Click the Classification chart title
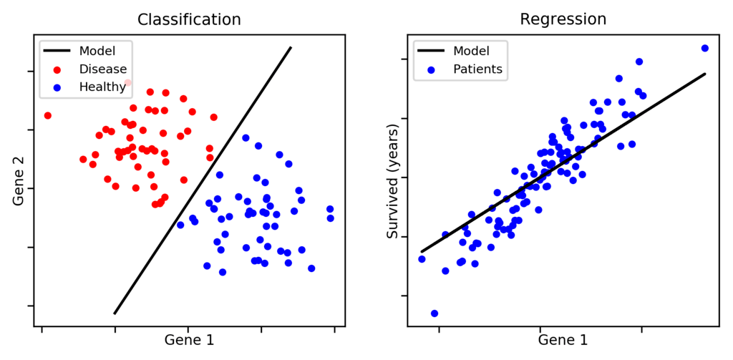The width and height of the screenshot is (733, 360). pyautogui.click(x=189, y=19)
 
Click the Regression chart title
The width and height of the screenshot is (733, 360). pyautogui.click(x=563, y=19)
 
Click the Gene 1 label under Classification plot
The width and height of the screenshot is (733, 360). pyautogui.click(x=189, y=340)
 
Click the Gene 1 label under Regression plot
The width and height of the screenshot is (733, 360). pyautogui.click(x=563, y=340)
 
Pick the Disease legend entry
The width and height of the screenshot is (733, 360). pyautogui.click(x=103, y=69)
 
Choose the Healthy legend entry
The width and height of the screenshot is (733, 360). pyautogui.click(x=103, y=87)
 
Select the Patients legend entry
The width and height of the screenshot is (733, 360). pyautogui.click(x=477, y=69)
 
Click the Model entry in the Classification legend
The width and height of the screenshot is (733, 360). pyautogui.click(x=97, y=51)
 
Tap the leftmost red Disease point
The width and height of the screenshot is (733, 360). pyautogui.click(x=48, y=115)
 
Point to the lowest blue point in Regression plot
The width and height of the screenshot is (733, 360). pyautogui.click(x=435, y=313)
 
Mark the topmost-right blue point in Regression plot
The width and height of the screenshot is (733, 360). pyautogui.click(x=704, y=48)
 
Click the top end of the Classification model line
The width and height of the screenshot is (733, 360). pyautogui.click(x=291, y=48)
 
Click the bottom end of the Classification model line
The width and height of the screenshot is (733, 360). pyautogui.click(x=115, y=313)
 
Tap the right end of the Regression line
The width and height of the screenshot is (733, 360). pyautogui.click(x=705, y=74)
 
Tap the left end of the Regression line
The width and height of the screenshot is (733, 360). pyautogui.click(x=422, y=251)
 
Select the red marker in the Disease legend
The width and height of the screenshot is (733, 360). pyautogui.click(x=57, y=69)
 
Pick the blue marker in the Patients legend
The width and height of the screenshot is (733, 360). pyautogui.click(x=432, y=69)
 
